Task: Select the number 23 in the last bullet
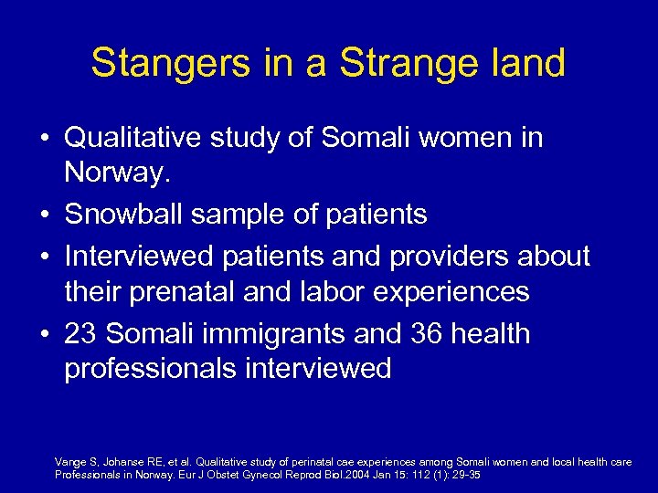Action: [x=80, y=333]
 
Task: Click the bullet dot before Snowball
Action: [x=45, y=215]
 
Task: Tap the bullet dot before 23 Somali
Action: [x=45, y=334]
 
